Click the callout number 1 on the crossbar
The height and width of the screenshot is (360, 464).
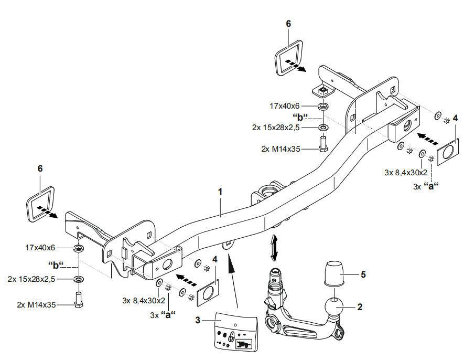pyautogui.click(x=220, y=192)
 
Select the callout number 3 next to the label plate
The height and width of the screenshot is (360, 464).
pyautogui.click(x=198, y=320)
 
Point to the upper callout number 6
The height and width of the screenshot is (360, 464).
pyautogui.click(x=288, y=24)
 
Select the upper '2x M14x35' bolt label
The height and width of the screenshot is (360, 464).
pyautogui.click(x=280, y=149)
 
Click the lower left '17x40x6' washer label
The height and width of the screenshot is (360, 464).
pyautogui.click(x=40, y=247)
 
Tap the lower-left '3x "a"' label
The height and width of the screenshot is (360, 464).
pyautogui.click(x=162, y=315)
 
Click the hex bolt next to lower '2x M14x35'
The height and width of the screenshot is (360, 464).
pyautogui.click(x=79, y=302)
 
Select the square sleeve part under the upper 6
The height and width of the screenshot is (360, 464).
pyautogui.click(x=288, y=59)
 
